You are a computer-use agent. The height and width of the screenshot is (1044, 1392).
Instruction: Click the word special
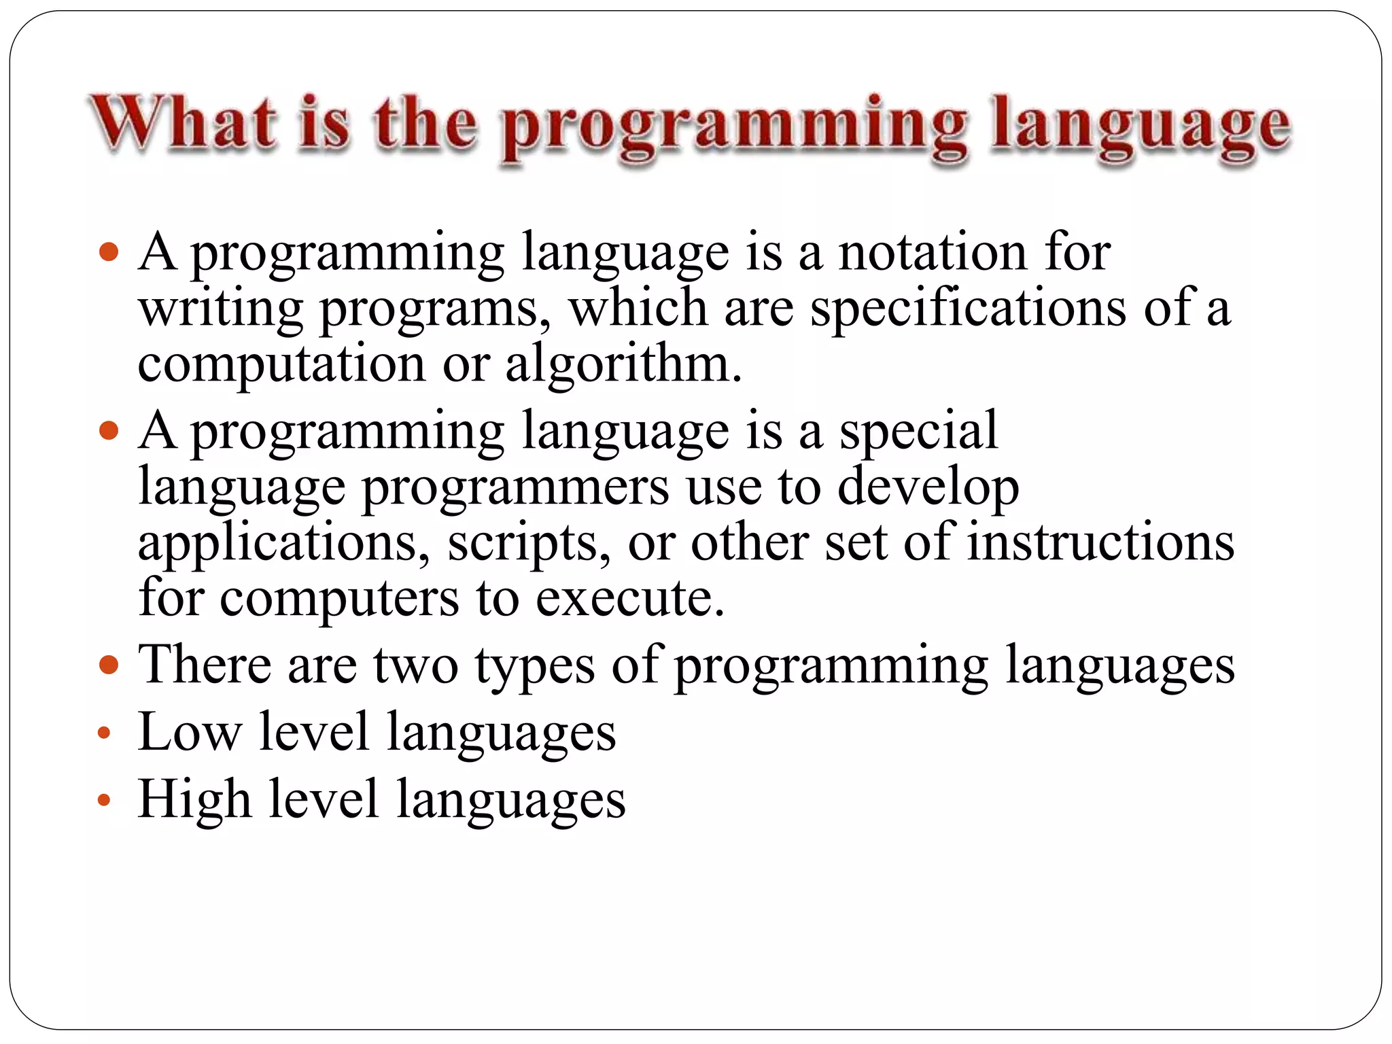pos(918,431)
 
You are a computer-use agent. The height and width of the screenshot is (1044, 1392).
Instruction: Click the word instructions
pos(1100,542)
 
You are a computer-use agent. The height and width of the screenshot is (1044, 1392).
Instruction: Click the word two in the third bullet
pos(415,665)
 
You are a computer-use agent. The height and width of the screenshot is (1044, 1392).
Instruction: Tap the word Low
pos(190,732)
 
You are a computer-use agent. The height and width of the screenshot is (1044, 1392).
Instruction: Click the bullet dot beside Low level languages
pos(103,733)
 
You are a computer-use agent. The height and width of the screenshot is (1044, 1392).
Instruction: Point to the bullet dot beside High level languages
pos(103,800)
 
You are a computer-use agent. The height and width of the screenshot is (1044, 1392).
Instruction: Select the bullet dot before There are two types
pos(109,663)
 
